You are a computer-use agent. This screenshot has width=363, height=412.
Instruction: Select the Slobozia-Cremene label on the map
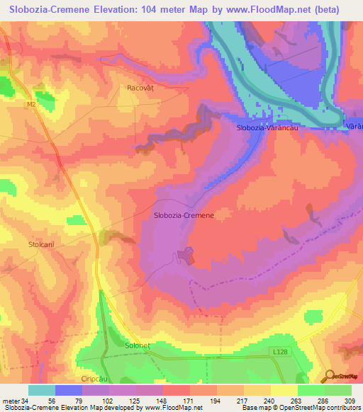(x=184, y=214)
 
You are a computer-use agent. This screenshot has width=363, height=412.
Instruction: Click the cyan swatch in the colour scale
(x=42, y=390)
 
